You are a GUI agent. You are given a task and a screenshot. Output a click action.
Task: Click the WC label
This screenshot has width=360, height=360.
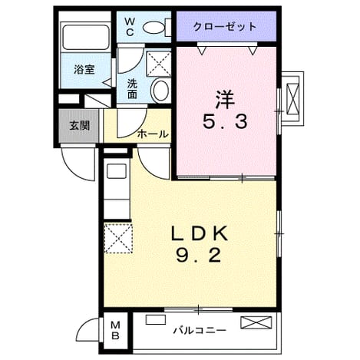click(130, 26)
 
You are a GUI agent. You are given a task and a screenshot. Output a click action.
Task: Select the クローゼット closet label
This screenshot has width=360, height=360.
click(225, 26)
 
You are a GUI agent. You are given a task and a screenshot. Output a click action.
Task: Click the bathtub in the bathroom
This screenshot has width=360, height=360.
click(86, 37)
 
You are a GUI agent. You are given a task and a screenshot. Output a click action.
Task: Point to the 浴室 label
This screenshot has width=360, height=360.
click(84, 70)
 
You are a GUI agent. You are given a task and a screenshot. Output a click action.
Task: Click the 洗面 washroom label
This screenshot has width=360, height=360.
click(132, 88)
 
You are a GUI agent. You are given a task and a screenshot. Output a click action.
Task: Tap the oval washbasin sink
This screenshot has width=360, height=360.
click(160, 90)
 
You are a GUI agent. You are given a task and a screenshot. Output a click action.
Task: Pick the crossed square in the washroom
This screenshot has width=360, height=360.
click(159, 63)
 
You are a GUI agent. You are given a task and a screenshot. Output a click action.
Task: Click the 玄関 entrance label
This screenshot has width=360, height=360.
click(80, 125)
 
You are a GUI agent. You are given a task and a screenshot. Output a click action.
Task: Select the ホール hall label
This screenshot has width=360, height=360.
click(153, 134)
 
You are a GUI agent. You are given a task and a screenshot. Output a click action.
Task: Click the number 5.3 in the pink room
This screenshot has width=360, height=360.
click(225, 121)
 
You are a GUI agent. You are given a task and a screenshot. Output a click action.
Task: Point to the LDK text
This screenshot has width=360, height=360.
click(200, 233)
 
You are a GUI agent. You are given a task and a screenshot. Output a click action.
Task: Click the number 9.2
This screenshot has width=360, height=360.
click(199, 256)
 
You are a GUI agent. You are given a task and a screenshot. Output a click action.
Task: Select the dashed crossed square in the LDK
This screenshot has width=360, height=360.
click(118, 238)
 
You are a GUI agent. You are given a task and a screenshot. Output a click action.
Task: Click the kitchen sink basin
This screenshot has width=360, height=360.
click(117, 171)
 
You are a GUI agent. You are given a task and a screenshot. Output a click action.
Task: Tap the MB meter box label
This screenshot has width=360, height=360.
click(115, 330)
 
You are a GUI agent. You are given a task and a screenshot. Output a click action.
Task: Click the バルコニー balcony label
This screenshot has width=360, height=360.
click(200, 331)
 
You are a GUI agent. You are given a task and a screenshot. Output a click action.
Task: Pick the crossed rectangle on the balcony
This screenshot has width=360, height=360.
click(256, 322)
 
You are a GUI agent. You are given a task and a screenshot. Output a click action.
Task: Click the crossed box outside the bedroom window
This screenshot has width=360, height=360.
click(292, 98)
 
